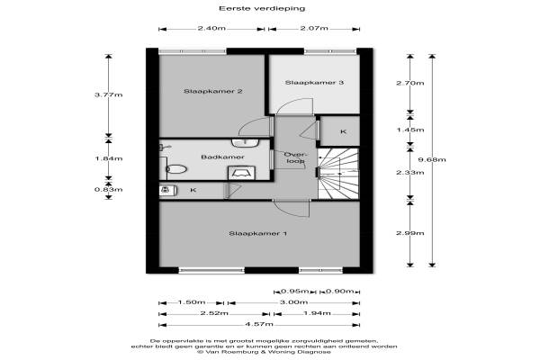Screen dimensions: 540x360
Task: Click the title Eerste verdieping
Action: coord(262,8)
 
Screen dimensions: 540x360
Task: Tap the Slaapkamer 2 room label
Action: coord(212,91)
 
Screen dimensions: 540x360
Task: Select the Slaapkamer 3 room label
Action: coord(314,82)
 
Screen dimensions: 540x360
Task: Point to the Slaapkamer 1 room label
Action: coord(258,234)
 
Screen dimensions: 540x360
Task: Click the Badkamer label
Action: coord(222,157)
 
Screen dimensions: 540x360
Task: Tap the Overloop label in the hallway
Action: coord(294,157)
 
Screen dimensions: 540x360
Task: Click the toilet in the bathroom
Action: coord(176,169)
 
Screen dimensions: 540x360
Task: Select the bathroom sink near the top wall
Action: coord(245,142)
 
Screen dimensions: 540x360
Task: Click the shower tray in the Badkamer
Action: coord(242,173)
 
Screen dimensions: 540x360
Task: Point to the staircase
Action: coord(338,174)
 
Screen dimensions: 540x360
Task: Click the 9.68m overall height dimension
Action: coord(432,159)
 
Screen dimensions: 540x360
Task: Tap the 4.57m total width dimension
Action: coord(259,324)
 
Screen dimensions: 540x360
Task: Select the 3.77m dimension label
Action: coord(109,94)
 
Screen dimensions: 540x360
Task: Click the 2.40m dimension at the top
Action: coord(211,28)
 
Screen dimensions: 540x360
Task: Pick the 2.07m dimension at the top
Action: coord(314,28)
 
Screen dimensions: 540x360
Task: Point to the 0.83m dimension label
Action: coord(109,190)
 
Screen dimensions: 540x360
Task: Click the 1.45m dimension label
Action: coord(409,130)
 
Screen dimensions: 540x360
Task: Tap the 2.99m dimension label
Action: coord(409,233)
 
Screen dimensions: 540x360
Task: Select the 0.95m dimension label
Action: coord(295,292)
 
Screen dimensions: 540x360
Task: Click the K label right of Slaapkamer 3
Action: coord(343,131)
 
